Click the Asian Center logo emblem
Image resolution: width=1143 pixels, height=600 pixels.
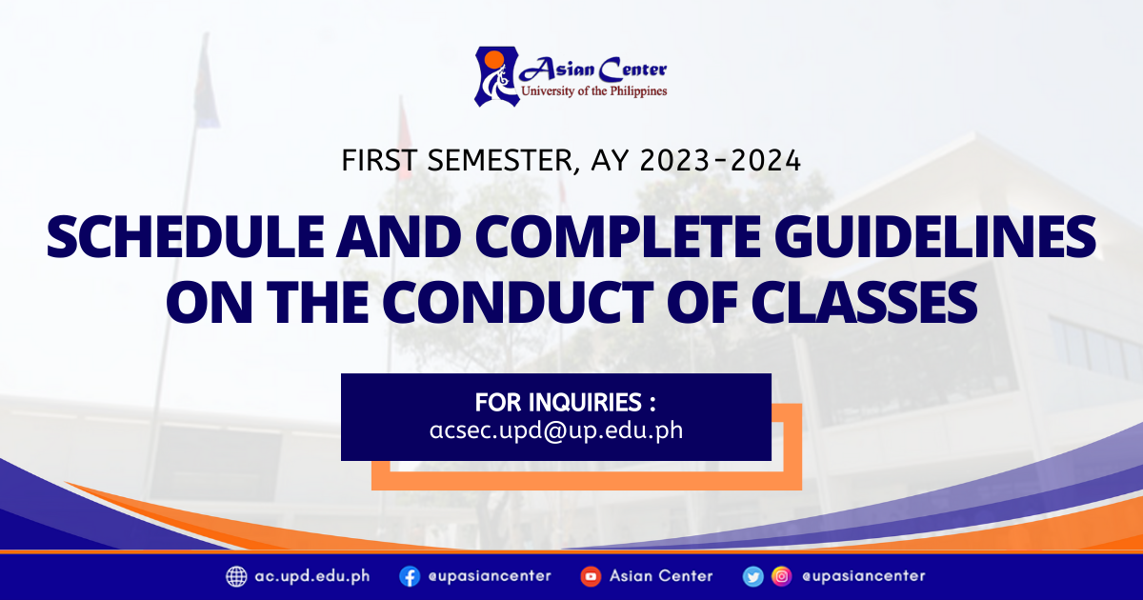click(x=497, y=76)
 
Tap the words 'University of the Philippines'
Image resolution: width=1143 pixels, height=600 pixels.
click(x=594, y=91)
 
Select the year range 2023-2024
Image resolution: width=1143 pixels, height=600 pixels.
click(x=720, y=161)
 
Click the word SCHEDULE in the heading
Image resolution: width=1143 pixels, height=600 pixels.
click(x=186, y=237)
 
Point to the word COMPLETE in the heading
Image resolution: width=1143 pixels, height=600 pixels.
click(x=618, y=237)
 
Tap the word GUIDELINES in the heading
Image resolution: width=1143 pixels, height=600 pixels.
click(x=934, y=237)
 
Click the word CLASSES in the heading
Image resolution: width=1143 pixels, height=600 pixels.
click(x=863, y=302)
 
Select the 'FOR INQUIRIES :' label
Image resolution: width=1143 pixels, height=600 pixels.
click(x=566, y=403)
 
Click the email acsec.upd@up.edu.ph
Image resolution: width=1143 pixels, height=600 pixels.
click(x=556, y=430)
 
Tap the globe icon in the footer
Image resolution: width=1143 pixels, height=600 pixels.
click(x=236, y=576)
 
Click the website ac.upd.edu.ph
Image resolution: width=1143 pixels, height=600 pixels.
click(x=312, y=576)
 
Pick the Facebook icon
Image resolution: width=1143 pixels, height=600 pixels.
click(x=410, y=576)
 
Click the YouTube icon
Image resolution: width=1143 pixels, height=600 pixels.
click(x=591, y=576)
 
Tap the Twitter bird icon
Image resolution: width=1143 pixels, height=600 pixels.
click(x=753, y=576)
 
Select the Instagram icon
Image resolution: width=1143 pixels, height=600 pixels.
click(x=782, y=576)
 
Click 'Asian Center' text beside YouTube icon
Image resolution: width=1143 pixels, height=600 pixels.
click(x=661, y=576)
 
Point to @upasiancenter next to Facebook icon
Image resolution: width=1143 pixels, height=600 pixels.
click(x=490, y=576)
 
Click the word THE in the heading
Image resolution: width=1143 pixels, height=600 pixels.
click(x=317, y=302)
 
